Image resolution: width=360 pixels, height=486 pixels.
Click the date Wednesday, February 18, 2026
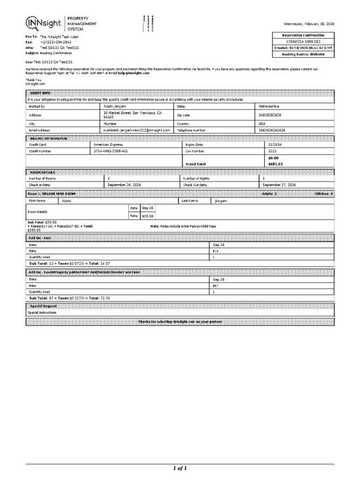(x=309, y=24)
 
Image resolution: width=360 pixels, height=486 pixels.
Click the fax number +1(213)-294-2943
(x=56, y=43)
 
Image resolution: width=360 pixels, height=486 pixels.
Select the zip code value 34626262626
(x=270, y=115)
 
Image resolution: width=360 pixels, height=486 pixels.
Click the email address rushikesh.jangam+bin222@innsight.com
(x=136, y=130)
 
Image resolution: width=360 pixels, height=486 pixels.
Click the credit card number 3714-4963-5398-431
(x=111, y=151)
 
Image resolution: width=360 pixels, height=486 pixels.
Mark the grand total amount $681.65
(x=276, y=164)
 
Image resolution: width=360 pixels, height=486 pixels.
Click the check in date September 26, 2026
(x=124, y=185)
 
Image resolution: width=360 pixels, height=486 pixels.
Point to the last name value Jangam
(x=222, y=201)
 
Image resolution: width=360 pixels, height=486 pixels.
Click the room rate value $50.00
(x=148, y=216)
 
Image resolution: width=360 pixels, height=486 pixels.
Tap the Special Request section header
(x=43, y=306)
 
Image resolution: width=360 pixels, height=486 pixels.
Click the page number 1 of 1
(x=180, y=468)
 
